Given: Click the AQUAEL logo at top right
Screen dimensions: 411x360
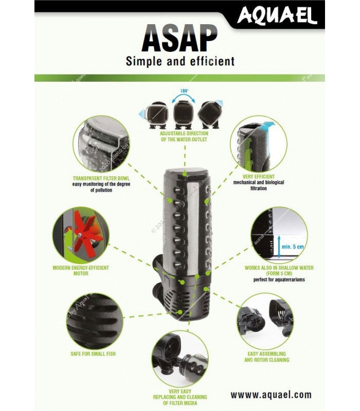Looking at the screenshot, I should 277,16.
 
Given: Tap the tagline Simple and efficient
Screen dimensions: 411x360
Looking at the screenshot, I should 180,62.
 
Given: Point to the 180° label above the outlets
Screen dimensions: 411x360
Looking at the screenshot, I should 184,91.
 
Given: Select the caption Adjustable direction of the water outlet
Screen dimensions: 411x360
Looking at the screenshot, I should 184,136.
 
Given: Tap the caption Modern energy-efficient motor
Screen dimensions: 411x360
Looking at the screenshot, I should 81,270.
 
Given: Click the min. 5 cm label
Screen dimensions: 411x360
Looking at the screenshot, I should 293,247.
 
